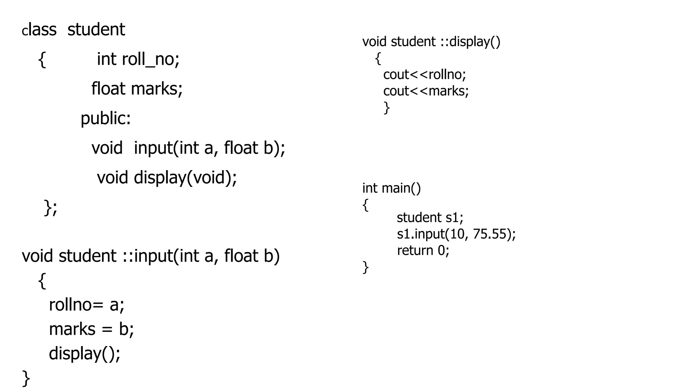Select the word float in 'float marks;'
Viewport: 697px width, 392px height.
pyautogui.click(x=108, y=88)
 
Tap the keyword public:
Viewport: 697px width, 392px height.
pyautogui.click(x=106, y=118)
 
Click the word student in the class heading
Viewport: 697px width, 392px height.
pyautogui.click(x=96, y=30)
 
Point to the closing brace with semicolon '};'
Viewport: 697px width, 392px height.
pyautogui.click(x=51, y=207)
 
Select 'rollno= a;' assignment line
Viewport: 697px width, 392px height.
pyautogui.click(x=86, y=305)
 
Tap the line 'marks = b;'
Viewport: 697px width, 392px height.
pyautogui.click(x=91, y=329)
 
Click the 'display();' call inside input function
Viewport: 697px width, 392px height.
pyautogui.click(x=84, y=354)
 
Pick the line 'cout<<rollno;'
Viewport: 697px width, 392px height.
pyautogui.click(x=424, y=75)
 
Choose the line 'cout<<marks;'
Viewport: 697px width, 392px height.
pyautogui.click(x=426, y=91)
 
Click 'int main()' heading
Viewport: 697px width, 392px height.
pyautogui.click(x=391, y=188)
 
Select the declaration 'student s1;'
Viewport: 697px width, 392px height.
pyautogui.click(x=430, y=217)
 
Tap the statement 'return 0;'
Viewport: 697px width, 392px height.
pyautogui.click(x=423, y=250)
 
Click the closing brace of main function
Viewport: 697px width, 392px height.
pyautogui.click(x=366, y=267)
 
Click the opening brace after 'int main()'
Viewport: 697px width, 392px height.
pyautogui.click(x=366, y=205)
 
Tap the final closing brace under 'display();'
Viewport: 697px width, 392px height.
pyautogui.click(x=26, y=378)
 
